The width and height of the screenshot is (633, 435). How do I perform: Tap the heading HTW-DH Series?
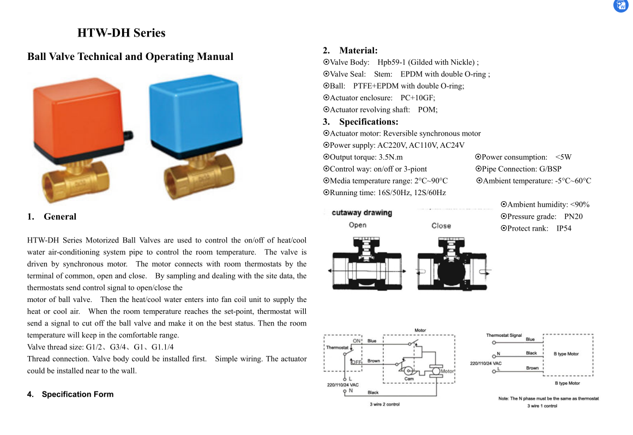click(121, 33)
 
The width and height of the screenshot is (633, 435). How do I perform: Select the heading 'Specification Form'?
click(77, 394)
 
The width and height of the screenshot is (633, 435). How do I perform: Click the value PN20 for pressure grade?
click(573, 216)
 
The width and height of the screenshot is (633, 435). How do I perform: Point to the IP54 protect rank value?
click(564, 228)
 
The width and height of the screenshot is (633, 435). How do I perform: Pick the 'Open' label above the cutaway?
click(358, 226)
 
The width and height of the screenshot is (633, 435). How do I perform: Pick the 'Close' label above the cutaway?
click(441, 226)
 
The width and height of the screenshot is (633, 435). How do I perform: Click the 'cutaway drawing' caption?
click(361, 213)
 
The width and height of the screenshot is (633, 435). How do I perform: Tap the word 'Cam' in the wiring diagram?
click(409, 379)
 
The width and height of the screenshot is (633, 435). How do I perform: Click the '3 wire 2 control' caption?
click(384, 404)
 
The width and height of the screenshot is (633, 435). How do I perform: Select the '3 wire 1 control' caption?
click(542, 406)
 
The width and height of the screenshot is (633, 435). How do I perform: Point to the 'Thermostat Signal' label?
click(504, 335)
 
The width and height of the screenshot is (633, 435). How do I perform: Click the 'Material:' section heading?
click(358, 51)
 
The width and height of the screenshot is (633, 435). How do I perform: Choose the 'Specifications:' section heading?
click(369, 122)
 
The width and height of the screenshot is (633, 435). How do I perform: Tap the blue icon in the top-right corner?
click(621, 5)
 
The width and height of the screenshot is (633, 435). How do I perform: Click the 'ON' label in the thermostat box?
click(357, 341)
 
